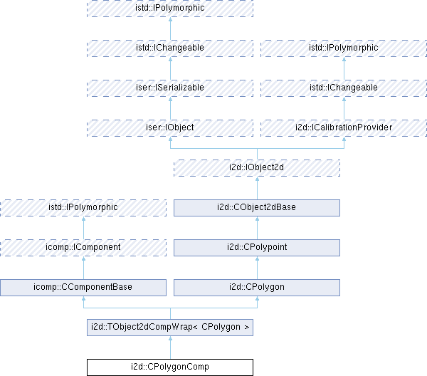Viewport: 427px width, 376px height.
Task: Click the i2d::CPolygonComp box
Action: click(x=169, y=367)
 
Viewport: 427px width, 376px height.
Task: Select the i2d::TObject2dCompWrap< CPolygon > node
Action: click(x=169, y=327)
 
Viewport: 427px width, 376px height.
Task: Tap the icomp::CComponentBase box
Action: click(x=83, y=287)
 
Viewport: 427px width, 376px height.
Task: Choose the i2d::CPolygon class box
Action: click(x=257, y=287)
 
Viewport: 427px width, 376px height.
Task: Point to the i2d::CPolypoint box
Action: click(x=257, y=247)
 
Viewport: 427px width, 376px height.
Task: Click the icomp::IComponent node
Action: click(x=83, y=247)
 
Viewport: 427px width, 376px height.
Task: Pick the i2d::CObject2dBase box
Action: click(x=257, y=207)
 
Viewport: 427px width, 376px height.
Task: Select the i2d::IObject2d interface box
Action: click(x=257, y=167)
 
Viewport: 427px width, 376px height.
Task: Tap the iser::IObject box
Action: click(x=169, y=127)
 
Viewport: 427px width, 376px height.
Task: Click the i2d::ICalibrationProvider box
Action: click(x=344, y=127)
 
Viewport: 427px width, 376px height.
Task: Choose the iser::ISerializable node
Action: click(x=169, y=88)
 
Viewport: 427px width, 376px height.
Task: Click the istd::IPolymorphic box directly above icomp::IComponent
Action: click(x=83, y=207)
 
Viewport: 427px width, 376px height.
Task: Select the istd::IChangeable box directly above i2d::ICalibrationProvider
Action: click(x=344, y=88)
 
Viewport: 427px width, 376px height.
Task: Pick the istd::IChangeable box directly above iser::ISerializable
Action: click(x=169, y=48)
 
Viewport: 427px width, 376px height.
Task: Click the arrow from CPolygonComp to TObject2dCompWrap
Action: click(x=169, y=347)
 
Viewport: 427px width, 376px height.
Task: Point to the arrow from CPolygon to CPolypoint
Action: click(x=257, y=267)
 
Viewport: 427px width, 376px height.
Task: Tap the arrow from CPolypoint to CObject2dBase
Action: click(x=257, y=227)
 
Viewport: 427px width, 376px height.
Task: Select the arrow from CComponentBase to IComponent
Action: click(x=83, y=267)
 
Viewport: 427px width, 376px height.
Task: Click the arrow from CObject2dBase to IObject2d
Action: click(x=257, y=187)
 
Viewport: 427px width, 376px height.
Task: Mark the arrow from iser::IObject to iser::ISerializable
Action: click(x=169, y=108)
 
